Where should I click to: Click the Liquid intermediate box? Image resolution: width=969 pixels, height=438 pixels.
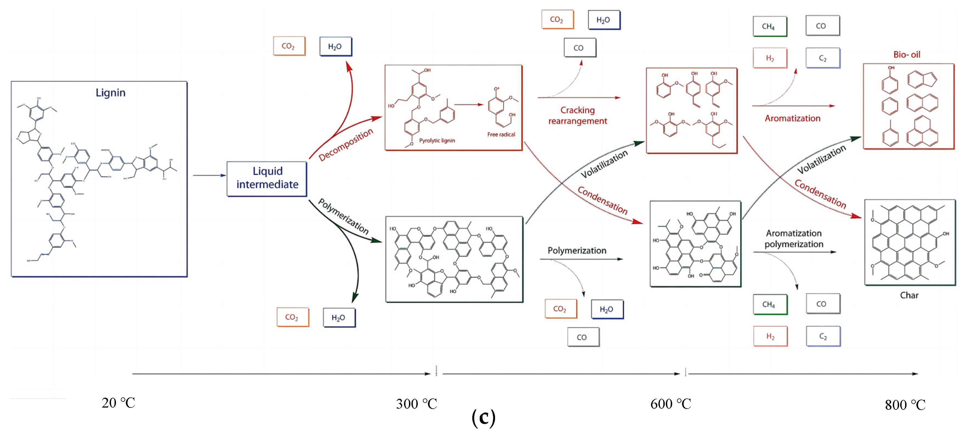click(x=267, y=178)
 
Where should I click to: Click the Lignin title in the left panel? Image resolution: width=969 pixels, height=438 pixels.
click(x=110, y=93)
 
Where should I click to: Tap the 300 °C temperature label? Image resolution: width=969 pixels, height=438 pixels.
click(x=416, y=404)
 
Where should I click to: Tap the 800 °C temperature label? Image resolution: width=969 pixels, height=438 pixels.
click(x=905, y=405)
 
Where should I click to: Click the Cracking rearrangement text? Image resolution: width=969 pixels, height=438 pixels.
click(x=577, y=115)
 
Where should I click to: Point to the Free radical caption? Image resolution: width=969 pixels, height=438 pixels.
click(x=501, y=134)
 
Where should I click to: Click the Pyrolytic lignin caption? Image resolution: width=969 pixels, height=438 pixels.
click(x=437, y=140)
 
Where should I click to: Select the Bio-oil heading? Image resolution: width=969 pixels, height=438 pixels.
click(x=907, y=55)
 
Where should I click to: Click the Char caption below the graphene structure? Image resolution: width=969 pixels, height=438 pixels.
click(x=909, y=295)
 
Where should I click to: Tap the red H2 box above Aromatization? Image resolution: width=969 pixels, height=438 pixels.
click(x=770, y=58)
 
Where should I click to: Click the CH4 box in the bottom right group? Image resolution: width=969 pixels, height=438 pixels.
click(x=770, y=304)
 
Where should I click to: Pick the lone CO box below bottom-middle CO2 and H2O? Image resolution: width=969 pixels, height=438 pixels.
click(x=583, y=337)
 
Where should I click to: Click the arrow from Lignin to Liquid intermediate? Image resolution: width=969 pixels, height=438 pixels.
click(x=209, y=175)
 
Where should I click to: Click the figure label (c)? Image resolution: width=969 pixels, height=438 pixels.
click(x=483, y=418)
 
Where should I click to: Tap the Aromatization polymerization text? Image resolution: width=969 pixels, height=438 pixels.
click(x=794, y=239)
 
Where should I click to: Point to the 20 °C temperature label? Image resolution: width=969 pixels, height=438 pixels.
click(x=118, y=403)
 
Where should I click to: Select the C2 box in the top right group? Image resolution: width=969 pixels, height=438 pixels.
click(x=822, y=58)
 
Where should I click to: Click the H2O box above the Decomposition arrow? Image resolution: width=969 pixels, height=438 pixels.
click(x=335, y=46)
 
